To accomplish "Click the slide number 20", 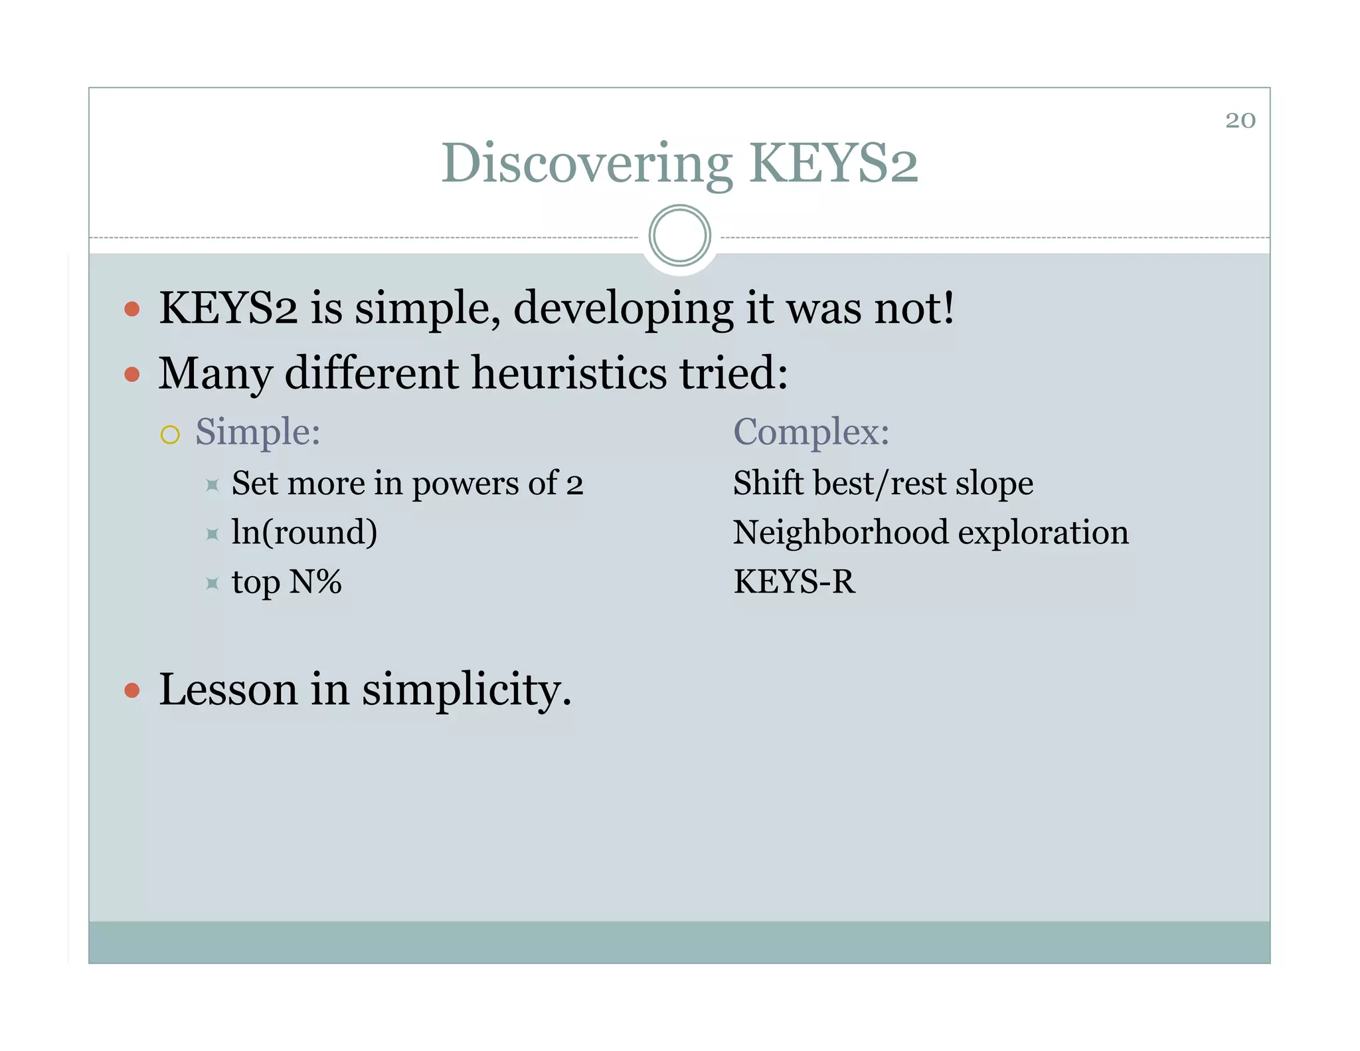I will [1240, 120].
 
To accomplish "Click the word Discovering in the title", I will [586, 164].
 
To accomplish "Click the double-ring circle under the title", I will [679, 235].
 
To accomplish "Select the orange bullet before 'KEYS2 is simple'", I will [132, 309].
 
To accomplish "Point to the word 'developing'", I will [623, 310].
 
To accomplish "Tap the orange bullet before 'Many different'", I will [132, 375].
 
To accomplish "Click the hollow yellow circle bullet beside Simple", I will [170, 434].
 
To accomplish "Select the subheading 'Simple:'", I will [258, 432].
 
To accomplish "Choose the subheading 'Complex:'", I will [811, 432].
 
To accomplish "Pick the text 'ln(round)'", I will [304, 532].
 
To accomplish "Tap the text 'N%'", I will [315, 581].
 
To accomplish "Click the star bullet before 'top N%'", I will [212, 583].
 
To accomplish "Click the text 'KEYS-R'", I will [794, 581].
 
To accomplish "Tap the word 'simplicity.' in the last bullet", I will [466, 690].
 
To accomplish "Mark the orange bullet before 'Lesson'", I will [132, 691].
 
